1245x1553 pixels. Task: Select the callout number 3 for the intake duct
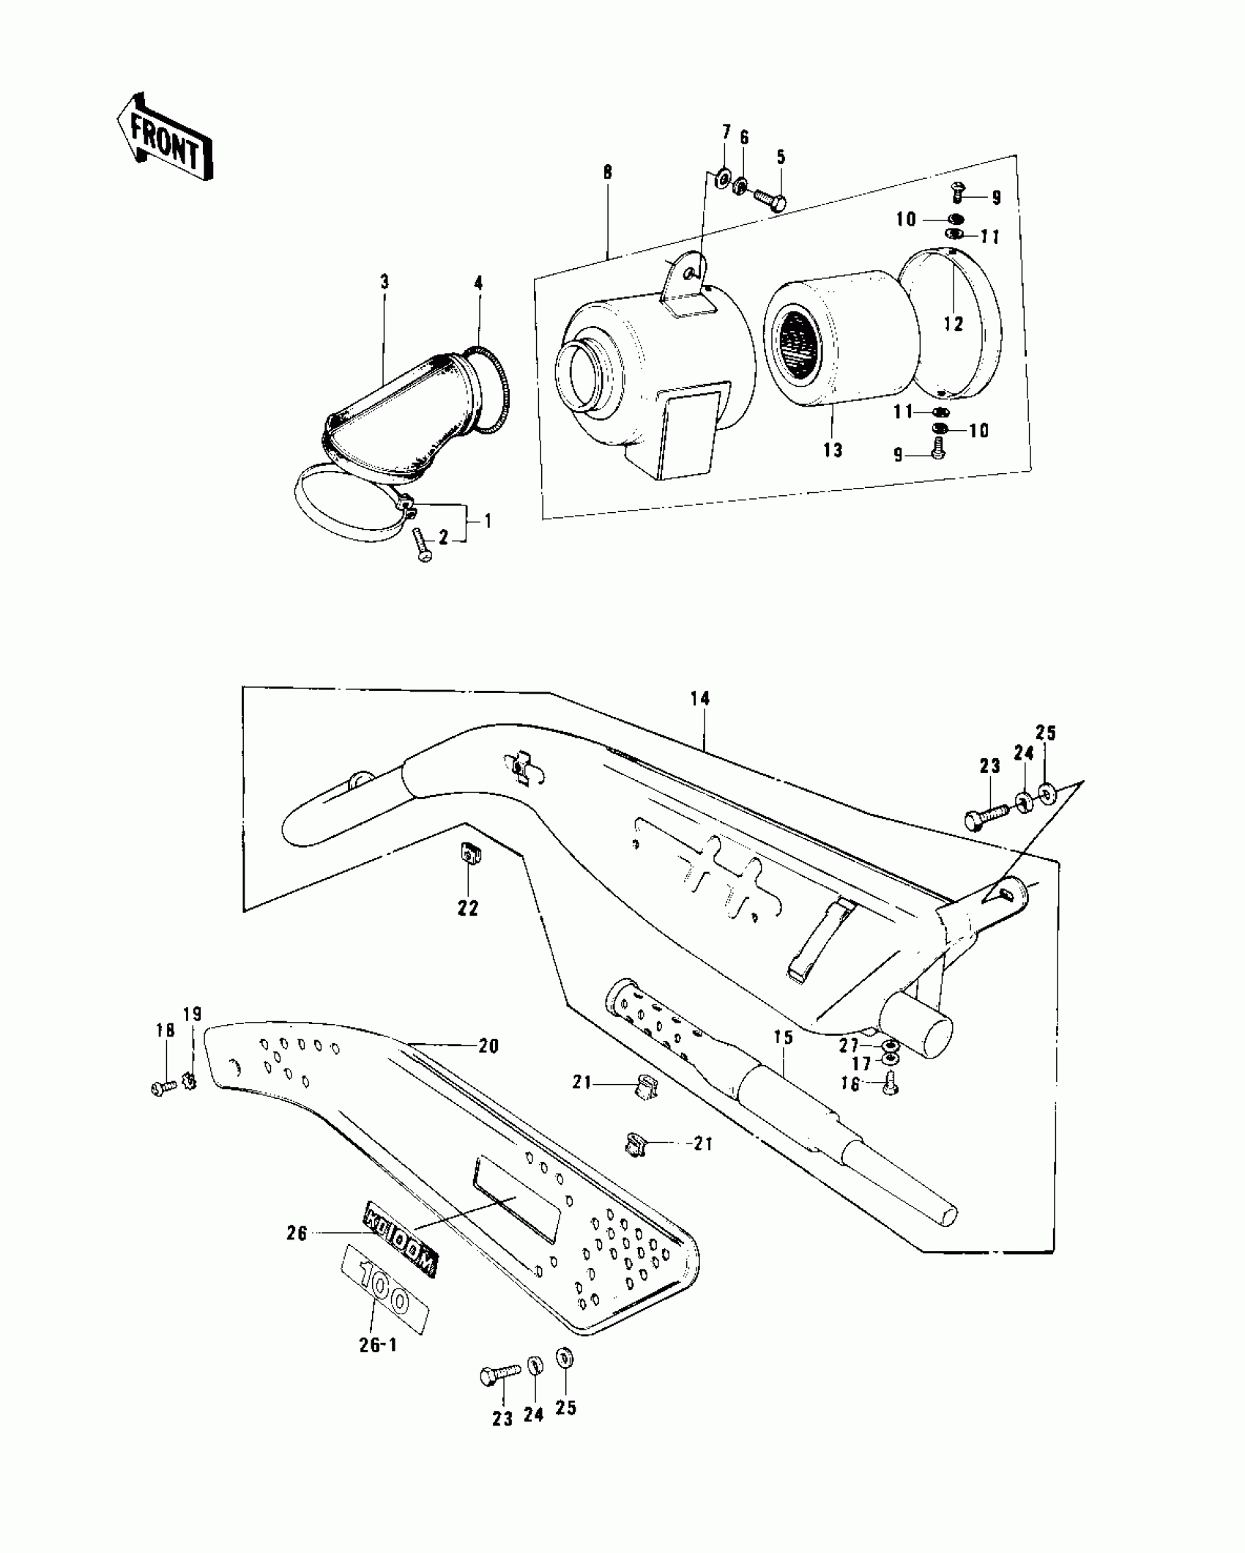tap(384, 283)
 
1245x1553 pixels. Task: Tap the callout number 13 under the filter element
tap(833, 451)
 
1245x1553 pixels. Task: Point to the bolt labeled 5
tap(768, 198)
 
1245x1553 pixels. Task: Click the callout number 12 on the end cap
tap(954, 323)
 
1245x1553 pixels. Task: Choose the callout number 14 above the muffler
tap(700, 698)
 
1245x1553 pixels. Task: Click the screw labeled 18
tap(163, 1088)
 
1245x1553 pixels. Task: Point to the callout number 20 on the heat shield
tap(488, 1046)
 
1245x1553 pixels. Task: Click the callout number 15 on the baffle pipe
tap(783, 1037)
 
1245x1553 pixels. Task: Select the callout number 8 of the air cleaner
tap(608, 173)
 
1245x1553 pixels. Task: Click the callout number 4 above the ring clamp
tap(478, 283)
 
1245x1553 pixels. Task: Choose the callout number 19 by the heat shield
tap(192, 1015)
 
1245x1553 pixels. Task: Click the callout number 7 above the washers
tap(726, 133)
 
